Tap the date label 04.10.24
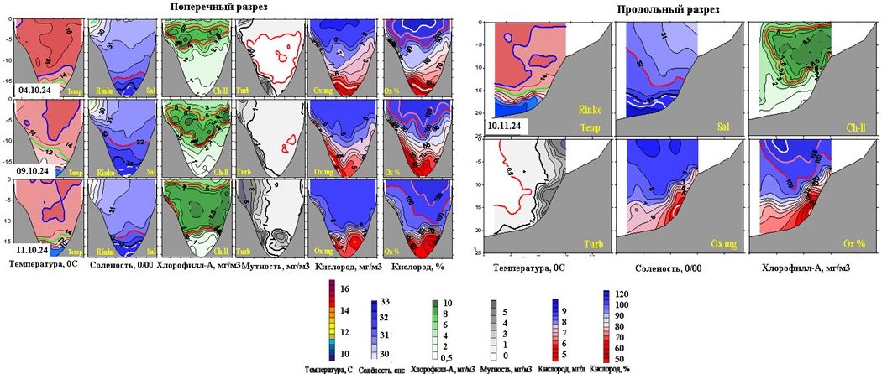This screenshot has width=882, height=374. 33,87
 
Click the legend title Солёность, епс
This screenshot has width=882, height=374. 396,369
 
